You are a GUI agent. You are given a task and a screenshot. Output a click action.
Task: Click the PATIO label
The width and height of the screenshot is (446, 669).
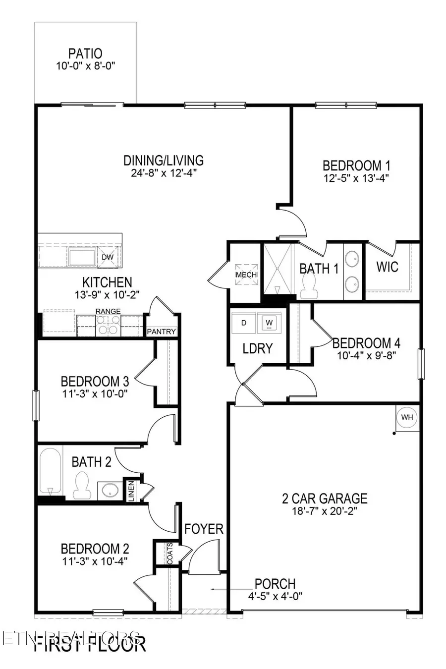(x=85, y=53)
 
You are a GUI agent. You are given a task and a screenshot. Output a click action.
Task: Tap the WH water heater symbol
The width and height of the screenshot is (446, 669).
(x=407, y=417)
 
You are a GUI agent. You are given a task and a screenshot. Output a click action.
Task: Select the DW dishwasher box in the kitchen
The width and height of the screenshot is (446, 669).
(x=108, y=257)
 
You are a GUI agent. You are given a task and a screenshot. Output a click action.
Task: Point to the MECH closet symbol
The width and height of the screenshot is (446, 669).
(x=246, y=275)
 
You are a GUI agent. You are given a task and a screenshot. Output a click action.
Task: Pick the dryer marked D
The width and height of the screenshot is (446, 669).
(x=243, y=323)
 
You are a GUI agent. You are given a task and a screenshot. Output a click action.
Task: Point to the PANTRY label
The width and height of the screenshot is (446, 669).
(x=162, y=331)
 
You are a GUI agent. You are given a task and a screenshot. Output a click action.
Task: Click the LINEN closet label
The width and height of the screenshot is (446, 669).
(x=131, y=491)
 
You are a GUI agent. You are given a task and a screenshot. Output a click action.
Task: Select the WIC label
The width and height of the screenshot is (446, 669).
(x=387, y=267)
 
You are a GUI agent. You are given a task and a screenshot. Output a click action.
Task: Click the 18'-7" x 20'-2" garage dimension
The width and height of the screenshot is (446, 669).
(x=325, y=511)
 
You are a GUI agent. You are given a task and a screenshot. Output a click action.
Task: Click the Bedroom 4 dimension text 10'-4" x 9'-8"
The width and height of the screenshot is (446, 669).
(x=367, y=355)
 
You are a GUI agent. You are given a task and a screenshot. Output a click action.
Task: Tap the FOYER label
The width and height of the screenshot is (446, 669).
(x=204, y=529)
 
